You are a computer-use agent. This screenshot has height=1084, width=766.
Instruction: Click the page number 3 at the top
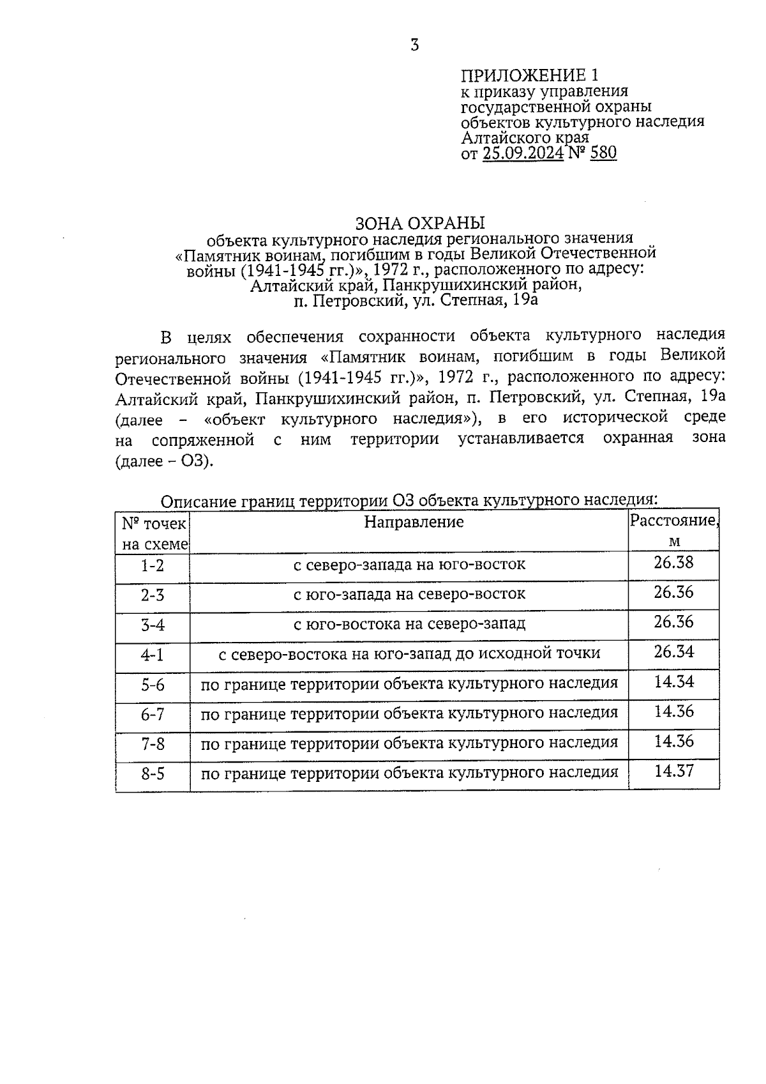pyautogui.click(x=415, y=45)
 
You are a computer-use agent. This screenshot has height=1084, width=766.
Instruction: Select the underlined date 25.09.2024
pyautogui.click(x=523, y=153)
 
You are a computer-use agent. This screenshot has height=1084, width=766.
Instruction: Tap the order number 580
pyautogui.click(x=603, y=153)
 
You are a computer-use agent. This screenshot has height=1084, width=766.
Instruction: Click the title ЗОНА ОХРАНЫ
pyautogui.click(x=419, y=223)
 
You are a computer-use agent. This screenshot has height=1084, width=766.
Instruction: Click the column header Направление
pyautogui.click(x=414, y=523)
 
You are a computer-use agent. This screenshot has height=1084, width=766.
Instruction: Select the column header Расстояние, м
pyautogui.click(x=674, y=530)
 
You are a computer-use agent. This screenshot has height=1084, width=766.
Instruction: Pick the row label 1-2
pyautogui.click(x=153, y=565)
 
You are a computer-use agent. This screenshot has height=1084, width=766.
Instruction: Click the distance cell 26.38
pyautogui.click(x=673, y=563)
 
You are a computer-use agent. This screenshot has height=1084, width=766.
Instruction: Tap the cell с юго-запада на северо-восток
pyautogui.click(x=409, y=594)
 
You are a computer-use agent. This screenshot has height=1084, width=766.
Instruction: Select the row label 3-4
pyautogui.click(x=153, y=625)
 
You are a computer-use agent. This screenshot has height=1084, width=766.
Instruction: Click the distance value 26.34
pyautogui.click(x=673, y=652)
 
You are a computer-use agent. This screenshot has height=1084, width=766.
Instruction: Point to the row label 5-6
pyautogui.click(x=153, y=685)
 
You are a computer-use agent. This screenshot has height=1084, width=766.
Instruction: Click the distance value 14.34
pyautogui.click(x=673, y=682)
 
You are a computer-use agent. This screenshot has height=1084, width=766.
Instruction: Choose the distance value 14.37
pyautogui.click(x=673, y=771)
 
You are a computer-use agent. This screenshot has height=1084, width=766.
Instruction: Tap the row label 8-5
pyautogui.click(x=153, y=774)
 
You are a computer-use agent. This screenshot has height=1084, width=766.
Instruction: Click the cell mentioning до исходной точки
pyautogui.click(x=409, y=654)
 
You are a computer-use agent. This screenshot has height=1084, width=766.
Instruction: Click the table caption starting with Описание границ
pyautogui.click(x=409, y=500)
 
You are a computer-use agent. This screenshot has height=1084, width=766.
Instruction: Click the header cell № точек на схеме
pyautogui.click(x=153, y=534)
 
